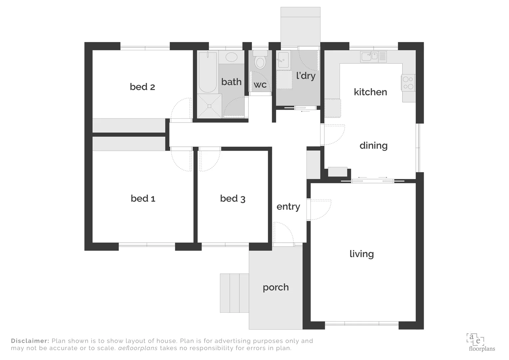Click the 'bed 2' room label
(142, 87)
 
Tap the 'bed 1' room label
(143, 199)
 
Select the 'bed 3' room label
(233, 199)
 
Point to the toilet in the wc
(260, 61)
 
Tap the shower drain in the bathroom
(210, 106)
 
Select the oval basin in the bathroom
(232, 57)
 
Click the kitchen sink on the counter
(369, 56)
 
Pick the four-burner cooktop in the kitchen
(408, 83)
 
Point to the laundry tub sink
(284, 60)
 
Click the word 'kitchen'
(370, 92)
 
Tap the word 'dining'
(373, 146)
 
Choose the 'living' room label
(361, 254)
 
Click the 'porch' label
(275, 287)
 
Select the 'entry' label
(288, 207)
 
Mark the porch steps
(234, 293)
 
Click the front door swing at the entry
(283, 233)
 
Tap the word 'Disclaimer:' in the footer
(30, 341)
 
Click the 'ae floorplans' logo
(481, 342)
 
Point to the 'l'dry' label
(306, 76)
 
